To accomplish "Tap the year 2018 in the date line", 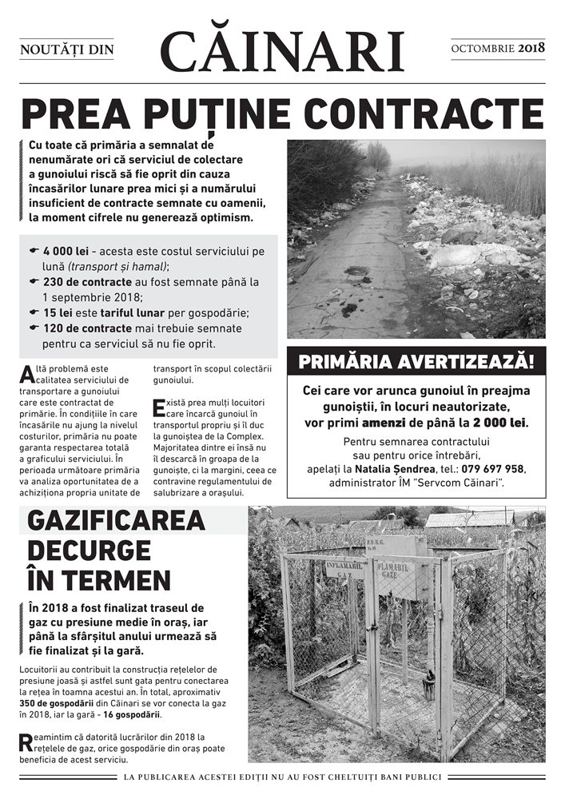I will [531, 49].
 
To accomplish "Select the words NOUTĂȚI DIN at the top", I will [67, 50].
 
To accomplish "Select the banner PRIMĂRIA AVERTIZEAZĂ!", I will [416, 362].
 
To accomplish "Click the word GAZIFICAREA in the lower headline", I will [116, 522].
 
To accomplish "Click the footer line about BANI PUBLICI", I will [282, 777].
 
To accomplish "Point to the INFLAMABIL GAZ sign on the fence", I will [344, 570].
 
